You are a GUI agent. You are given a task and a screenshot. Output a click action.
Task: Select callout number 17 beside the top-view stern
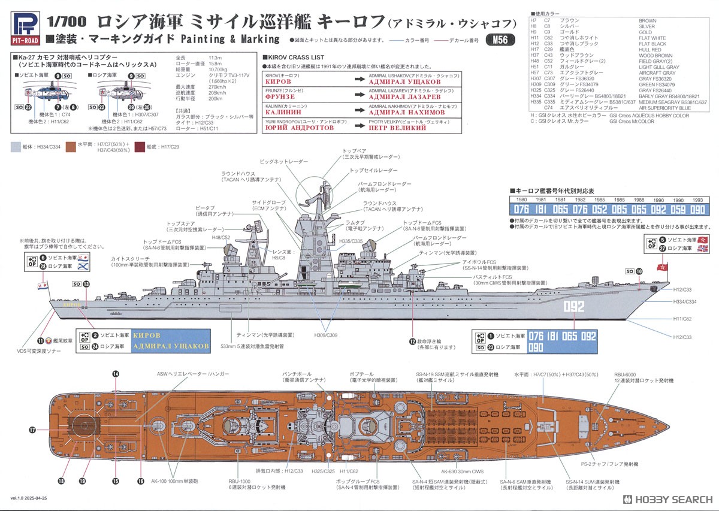(32, 430)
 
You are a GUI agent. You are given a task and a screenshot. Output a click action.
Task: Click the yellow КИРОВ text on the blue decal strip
(147, 335)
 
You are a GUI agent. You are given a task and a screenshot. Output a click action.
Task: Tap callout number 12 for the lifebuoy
(412, 341)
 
